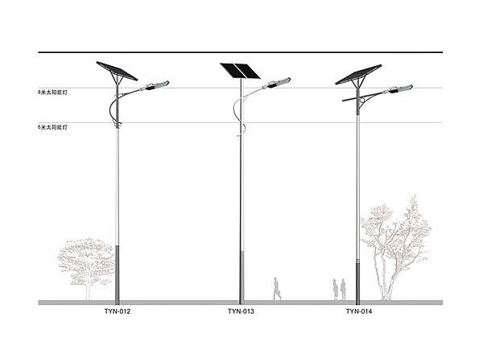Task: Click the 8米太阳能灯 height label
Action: pos(54,93)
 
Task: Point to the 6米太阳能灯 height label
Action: pos(54,126)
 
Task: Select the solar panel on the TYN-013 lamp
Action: pos(239,71)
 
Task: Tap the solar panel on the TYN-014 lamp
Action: pos(358,74)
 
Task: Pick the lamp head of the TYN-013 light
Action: pos(278,83)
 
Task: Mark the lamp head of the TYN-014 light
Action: pos(401,89)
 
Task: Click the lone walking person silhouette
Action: pos(276,289)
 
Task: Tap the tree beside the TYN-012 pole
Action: pos(85,261)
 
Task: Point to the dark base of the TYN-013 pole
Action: pos(240,276)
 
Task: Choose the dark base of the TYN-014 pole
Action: pos(358,280)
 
